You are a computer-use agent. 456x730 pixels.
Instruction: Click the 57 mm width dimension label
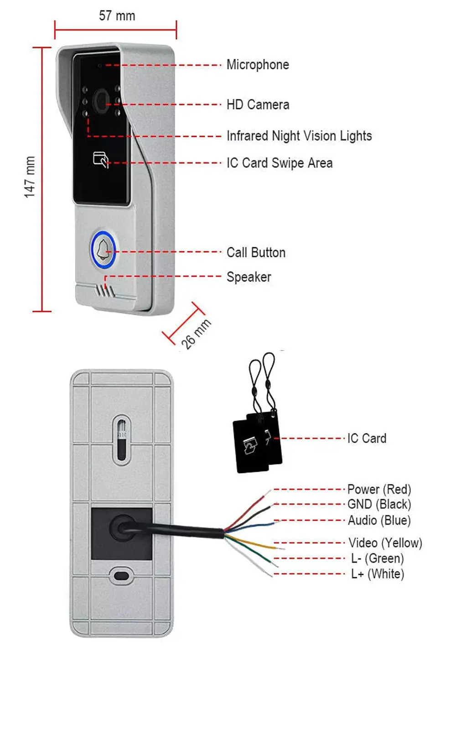(x=117, y=16)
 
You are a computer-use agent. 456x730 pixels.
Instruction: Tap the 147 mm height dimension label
(x=30, y=177)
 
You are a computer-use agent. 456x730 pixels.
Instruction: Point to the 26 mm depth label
(x=196, y=334)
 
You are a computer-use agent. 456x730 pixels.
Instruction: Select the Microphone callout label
(x=258, y=64)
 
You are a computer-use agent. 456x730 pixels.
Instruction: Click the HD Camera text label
(x=258, y=104)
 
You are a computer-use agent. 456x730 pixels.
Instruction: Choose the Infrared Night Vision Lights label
(x=299, y=136)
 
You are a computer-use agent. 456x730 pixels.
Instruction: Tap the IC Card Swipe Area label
(x=280, y=163)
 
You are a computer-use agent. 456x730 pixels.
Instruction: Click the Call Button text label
(x=256, y=253)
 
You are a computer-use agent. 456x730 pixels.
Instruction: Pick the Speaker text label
(x=249, y=277)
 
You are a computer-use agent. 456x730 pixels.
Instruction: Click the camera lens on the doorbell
(x=101, y=101)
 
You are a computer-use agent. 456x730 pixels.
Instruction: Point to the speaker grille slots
(x=105, y=291)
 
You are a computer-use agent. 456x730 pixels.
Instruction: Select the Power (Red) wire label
(x=379, y=490)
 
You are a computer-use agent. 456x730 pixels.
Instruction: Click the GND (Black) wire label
(x=379, y=504)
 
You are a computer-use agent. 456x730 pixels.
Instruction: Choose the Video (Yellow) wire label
(x=385, y=543)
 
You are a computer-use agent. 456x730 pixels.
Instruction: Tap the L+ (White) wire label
(x=378, y=574)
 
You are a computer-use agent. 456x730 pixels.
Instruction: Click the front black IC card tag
(x=250, y=446)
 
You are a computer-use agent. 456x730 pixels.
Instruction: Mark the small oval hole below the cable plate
(x=121, y=576)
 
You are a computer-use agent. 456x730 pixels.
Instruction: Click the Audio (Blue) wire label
(x=379, y=521)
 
